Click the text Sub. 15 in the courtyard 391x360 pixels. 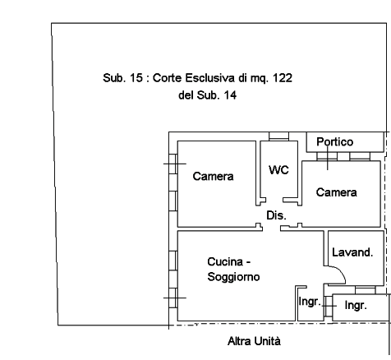[123, 78]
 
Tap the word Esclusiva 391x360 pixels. [210, 78]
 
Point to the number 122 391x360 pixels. [283, 78]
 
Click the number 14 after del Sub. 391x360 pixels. [230, 95]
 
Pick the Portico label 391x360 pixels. [335, 141]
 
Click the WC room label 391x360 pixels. [278, 170]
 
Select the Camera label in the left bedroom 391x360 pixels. [213, 176]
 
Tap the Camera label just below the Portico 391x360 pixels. [337, 192]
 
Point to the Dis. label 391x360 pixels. [277, 215]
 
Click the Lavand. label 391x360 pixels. [352, 252]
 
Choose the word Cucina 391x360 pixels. [225, 262]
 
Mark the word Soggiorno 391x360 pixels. [233, 277]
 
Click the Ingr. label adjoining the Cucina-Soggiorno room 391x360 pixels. [310, 302]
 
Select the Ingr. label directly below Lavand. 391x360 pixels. [356, 305]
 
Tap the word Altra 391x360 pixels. [239, 341]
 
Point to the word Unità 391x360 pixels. [267, 341]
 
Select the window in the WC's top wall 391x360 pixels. [278, 136]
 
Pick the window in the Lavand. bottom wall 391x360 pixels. [366, 290]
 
